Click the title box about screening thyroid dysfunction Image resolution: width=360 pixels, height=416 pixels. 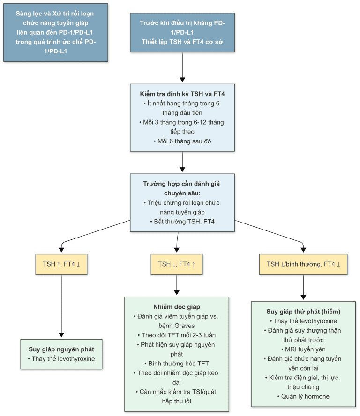tap(56, 32)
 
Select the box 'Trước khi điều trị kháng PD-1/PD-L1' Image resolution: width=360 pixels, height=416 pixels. tap(182, 32)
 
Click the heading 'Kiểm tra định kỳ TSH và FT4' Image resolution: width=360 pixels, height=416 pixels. tap(182, 94)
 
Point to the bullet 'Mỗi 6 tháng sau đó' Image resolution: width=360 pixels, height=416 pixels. tap(182, 141)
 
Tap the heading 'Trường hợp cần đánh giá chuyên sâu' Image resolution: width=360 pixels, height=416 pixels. tap(181, 188)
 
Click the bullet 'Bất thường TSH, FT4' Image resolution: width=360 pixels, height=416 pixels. tap(182, 222)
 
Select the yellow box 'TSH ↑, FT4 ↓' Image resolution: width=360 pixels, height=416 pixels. tap(61, 264)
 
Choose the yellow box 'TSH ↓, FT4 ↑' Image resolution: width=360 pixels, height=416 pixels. tap(177, 264)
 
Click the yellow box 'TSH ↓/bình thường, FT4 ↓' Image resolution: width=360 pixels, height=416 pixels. tap(303, 264)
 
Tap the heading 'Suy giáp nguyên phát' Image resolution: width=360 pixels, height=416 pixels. tap(61, 349)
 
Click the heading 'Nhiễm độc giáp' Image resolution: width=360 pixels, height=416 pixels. tap(177, 307)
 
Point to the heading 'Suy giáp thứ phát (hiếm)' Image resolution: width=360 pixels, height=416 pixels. tap(303, 312)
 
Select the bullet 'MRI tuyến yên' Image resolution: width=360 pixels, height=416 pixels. tap(303, 349)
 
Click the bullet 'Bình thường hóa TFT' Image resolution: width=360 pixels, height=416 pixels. tap(177, 364)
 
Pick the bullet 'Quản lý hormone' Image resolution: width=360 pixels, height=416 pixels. tap(303, 396)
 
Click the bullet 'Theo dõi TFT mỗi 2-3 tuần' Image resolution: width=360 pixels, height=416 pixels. tap(177, 335)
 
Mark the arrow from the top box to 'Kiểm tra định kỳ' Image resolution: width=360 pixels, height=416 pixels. tap(182, 67)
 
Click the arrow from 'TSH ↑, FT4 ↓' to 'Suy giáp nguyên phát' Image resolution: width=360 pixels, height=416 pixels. tap(61, 306)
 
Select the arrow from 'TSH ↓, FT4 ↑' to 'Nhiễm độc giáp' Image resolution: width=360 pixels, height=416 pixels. tap(177, 285)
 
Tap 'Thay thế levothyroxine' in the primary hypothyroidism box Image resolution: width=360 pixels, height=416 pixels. tap(61, 359)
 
